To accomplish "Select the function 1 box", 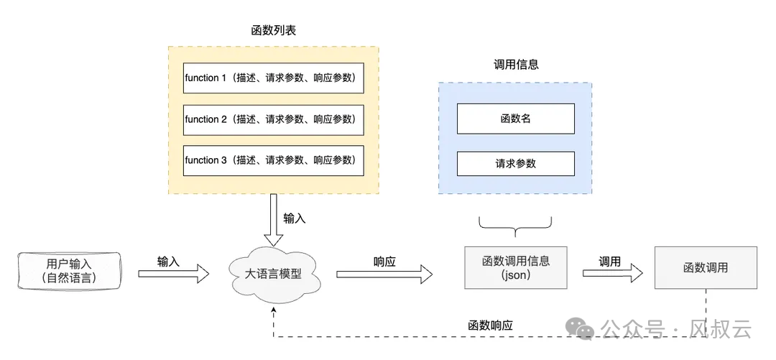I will tap(273, 78).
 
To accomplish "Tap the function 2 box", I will tap(273, 119).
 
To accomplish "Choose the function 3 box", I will tap(273, 160).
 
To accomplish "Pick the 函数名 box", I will tap(516, 119).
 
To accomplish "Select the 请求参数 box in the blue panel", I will tap(516, 163).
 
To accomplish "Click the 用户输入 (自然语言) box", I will tap(68, 271).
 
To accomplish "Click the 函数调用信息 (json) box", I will tap(516, 267).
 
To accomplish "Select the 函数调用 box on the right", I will tap(705, 267).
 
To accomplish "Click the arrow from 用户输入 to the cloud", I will tap(173, 273).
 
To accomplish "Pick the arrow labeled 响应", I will tap(384, 273).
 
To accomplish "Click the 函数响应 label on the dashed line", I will tap(490, 326).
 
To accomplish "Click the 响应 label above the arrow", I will tap(384, 262).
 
